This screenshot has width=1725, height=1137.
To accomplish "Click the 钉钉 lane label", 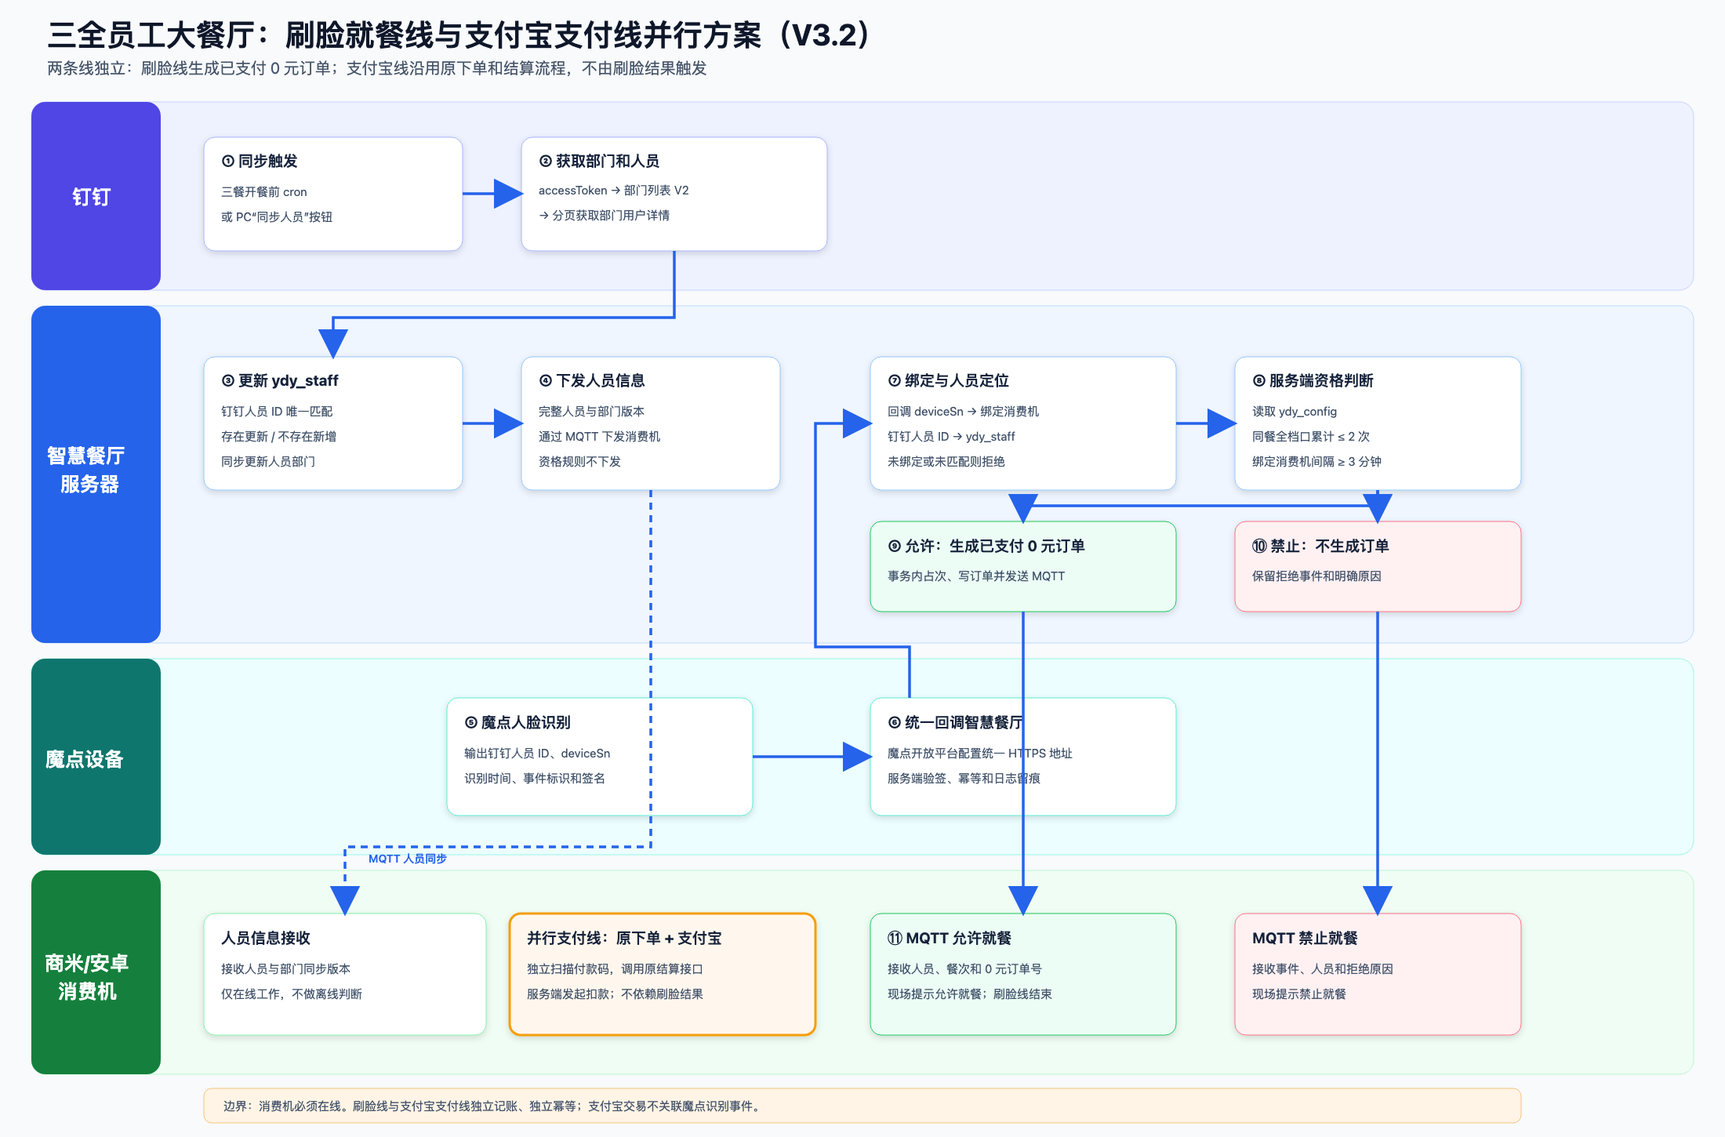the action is pos(91,197).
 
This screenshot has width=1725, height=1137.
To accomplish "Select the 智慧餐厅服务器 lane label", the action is pos(86,470).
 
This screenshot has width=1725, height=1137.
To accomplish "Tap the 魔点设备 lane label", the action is pos(85,759).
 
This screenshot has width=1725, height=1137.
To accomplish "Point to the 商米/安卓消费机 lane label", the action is pos(87,977).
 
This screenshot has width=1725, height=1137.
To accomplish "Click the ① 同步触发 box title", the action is pos(260,161).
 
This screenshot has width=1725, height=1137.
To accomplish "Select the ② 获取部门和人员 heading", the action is pos(599,161).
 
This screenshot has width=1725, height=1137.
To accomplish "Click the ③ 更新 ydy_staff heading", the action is pos(280,380).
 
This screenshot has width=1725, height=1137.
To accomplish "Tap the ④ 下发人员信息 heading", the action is pos(592,380).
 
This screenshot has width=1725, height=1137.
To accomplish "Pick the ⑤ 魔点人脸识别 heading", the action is pos(517,722).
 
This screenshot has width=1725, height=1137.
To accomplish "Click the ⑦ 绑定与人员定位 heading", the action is pos(949,380).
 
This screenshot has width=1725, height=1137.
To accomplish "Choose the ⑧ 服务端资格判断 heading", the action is pos(1313,380).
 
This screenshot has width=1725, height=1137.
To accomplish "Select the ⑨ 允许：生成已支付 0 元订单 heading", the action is pos(986,546).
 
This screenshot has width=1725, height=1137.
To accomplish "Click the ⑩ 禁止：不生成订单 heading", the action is pos(1320,546).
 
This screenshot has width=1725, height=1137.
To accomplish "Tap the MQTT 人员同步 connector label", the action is pos(408,859).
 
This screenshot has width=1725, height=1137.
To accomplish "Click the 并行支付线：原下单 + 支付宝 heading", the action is pos(624,938).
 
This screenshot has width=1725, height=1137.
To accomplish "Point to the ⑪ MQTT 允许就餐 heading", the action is pos(950,938).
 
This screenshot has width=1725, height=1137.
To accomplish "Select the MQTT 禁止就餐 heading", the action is pos(1305,938).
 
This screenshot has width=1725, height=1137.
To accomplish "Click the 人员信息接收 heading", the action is pos(266,938).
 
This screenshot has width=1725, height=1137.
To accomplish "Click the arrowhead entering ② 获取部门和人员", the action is pos(508,194).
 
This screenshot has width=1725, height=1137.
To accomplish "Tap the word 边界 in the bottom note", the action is pos(234,1106).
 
